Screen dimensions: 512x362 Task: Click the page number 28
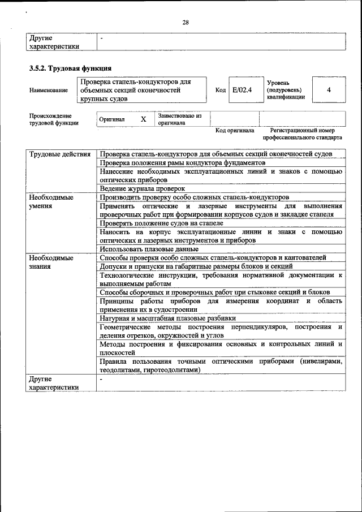(x=185, y=23)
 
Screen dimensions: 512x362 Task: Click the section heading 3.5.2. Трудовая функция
(x=66, y=68)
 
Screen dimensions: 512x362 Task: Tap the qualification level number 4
(x=329, y=90)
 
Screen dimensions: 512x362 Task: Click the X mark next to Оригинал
(x=143, y=119)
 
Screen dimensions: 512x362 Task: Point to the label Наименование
(x=49, y=90)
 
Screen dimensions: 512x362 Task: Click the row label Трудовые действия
(x=59, y=154)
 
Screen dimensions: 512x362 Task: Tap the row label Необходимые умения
(x=51, y=201)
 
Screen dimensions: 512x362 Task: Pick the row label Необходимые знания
(x=51, y=262)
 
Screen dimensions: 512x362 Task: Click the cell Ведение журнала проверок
(x=143, y=188)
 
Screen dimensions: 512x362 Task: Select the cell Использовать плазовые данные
(x=149, y=249)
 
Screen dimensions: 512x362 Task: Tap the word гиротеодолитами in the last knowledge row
(x=169, y=369)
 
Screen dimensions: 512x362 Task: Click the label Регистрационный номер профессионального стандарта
(x=302, y=134)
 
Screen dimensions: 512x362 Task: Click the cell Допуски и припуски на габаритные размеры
(x=196, y=266)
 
